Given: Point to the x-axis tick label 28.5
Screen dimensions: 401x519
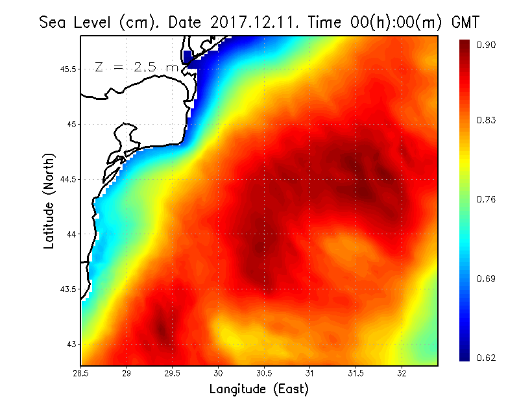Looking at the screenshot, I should [x=81, y=373].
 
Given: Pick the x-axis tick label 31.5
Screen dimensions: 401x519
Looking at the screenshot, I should [x=356, y=373].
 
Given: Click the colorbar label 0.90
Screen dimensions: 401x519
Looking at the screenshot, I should [x=487, y=45].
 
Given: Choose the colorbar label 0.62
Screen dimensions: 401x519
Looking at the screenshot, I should [x=487, y=358].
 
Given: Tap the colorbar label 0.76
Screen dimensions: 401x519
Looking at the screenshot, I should [x=487, y=199].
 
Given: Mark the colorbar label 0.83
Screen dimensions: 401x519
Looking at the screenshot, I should [x=487, y=120].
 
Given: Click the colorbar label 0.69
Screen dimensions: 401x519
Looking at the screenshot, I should [x=487, y=279].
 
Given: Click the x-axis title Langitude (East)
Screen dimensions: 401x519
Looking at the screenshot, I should [x=259, y=389].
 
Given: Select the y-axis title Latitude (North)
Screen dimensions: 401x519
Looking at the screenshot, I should [x=49, y=200].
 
